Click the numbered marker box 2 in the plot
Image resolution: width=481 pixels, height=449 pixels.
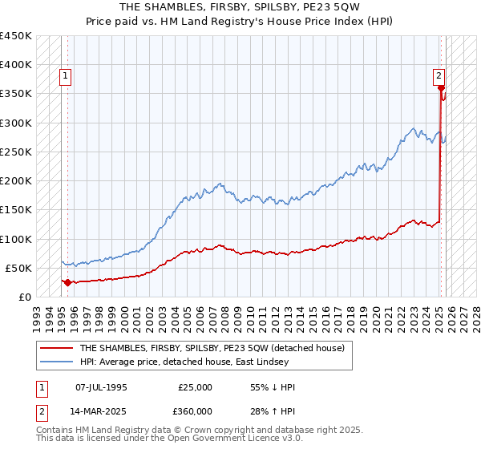click(439, 77)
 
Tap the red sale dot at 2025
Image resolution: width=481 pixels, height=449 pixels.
click(441, 88)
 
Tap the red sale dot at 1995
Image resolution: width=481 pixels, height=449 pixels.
click(67, 282)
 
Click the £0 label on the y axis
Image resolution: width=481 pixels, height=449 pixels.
click(25, 297)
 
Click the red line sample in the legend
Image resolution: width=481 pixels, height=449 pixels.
click(56, 348)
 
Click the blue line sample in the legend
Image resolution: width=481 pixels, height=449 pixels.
click(56, 362)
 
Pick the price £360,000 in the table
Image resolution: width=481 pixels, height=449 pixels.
click(196, 411)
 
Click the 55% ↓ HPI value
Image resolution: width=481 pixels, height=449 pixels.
click(273, 387)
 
